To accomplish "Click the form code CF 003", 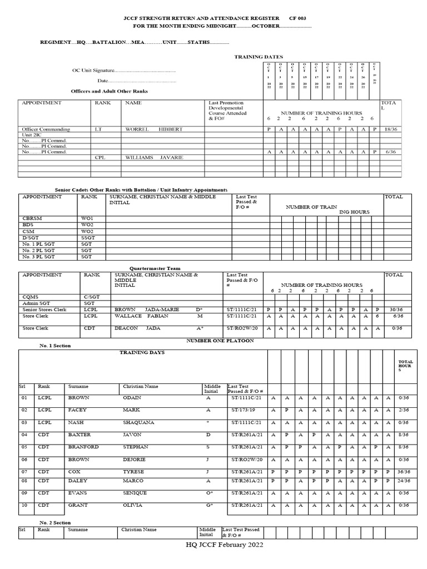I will click(x=297, y=18).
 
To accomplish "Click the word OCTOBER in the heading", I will click(x=261, y=27).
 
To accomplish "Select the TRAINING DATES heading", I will click(x=259, y=57).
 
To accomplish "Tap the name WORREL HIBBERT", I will click(x=153, y=129).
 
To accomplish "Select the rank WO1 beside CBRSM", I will click(x=87, y=218).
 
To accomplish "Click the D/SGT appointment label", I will click(x=29, y=237).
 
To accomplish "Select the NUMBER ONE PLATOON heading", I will click(x=220, y=340).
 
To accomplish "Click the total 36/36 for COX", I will click(x=403, y=472).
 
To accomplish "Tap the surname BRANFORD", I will click(x=83, y=447).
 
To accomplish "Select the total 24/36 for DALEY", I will click(x=403, y=481).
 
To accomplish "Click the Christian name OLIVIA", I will click(x=132, y=505).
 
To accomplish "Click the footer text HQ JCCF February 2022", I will click(x=224, y=545).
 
